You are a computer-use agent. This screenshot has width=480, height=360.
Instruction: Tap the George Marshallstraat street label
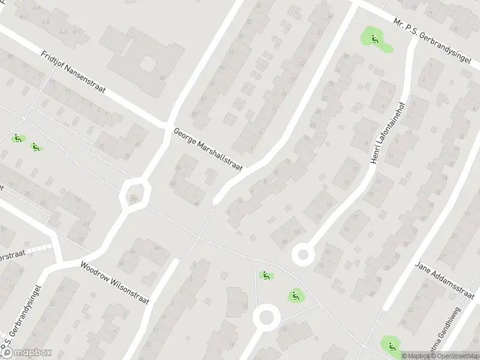click(x=208, y=149)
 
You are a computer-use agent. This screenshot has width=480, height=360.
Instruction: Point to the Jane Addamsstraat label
click(x=445, y=277)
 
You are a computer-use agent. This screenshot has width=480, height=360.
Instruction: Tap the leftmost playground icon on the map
click(x=18, y=138)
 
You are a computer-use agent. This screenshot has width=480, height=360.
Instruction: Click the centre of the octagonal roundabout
click(x=135, y=194)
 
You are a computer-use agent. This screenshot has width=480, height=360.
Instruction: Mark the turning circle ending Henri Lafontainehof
click(x=304, y=256)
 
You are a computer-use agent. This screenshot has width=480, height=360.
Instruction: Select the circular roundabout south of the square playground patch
click(x=266, y=316)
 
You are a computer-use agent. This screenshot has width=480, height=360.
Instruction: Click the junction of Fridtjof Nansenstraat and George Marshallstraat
click(x=169, y=124)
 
